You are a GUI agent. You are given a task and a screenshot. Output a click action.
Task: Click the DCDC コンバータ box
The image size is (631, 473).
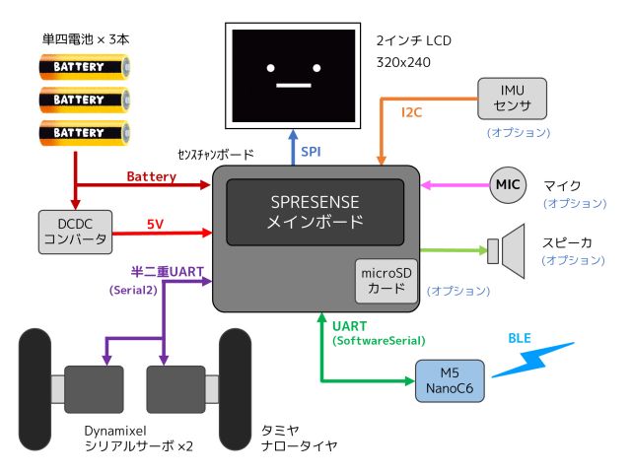75,233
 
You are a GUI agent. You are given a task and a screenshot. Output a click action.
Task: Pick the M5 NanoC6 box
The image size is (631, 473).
449,379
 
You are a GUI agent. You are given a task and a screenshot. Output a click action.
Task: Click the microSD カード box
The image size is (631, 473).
386,282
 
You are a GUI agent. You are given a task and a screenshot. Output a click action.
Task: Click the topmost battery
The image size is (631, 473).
84,67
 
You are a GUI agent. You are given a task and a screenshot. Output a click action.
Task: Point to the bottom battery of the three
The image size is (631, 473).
84,132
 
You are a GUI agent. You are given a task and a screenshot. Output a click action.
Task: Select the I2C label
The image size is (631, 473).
411,112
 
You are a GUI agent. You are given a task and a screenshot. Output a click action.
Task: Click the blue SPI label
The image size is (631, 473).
311,151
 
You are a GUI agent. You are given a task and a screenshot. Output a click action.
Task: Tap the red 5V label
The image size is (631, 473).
156,224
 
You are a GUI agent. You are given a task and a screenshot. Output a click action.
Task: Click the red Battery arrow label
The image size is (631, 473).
151,176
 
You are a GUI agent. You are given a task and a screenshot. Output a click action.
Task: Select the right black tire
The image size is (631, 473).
238,387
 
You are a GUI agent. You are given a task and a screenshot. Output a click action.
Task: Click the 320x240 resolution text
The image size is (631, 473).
403,61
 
